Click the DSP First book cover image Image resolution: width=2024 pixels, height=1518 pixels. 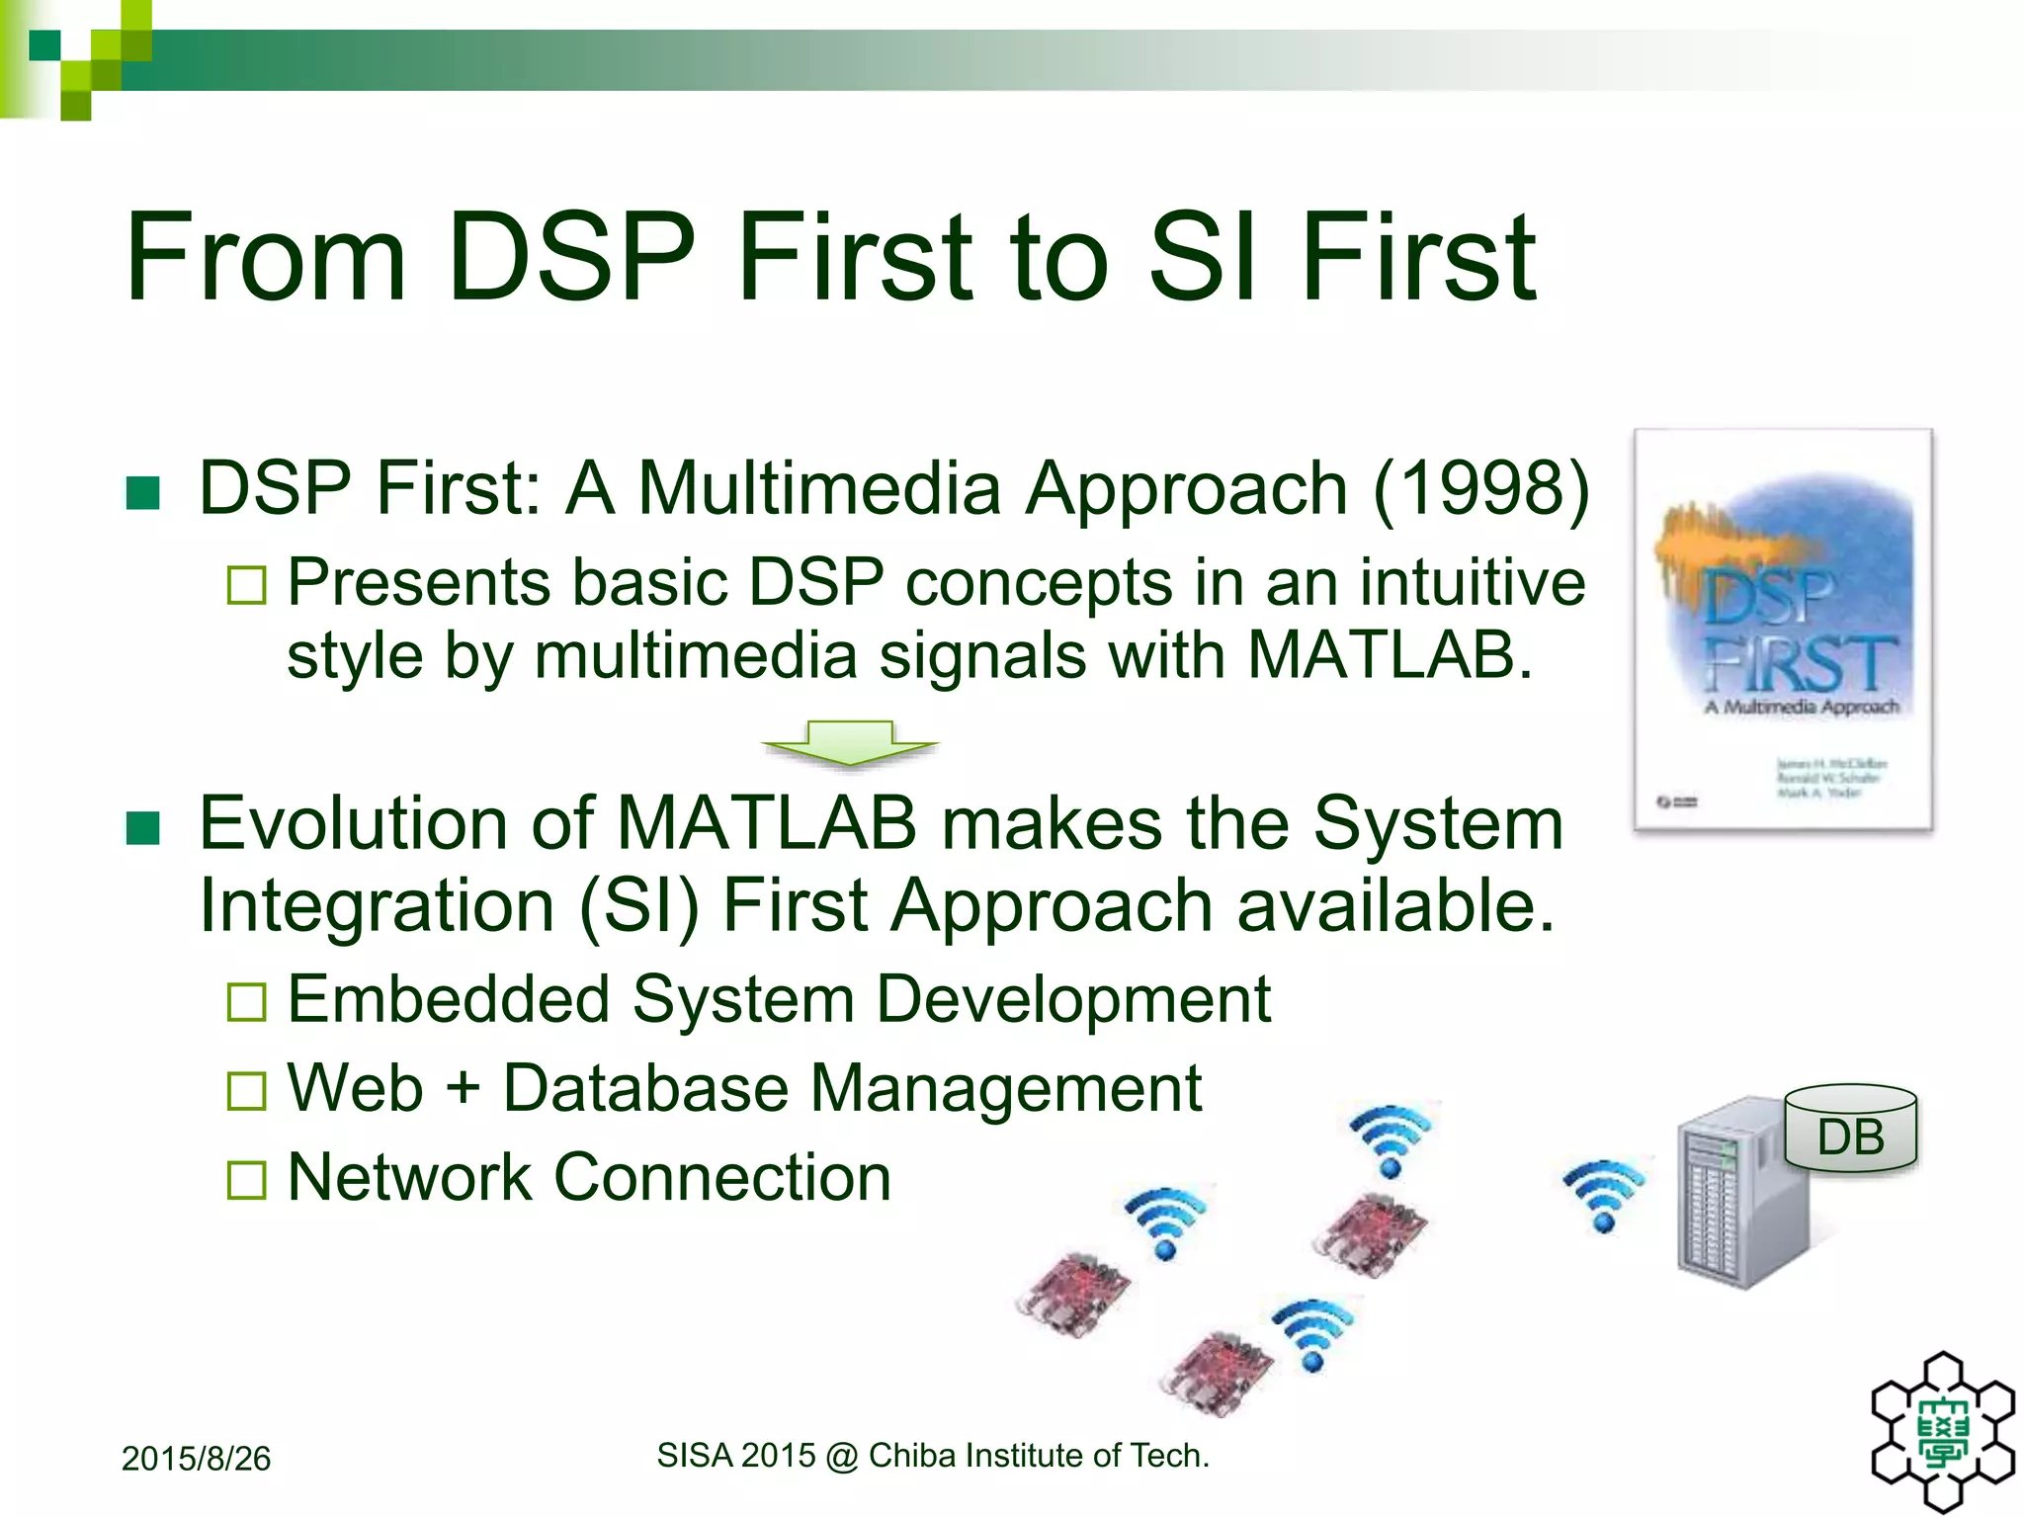tap(1783, 631)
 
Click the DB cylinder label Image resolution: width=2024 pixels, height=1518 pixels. tap(1851, 1137)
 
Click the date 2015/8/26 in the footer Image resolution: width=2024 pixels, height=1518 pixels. tap(196, 1459)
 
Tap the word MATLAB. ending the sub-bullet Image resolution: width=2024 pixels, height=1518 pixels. tap(1389, 655)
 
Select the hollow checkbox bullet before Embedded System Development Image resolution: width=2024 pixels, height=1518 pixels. tap(246, 1002)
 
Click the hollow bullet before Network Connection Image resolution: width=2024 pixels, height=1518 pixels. tap(246, 1180)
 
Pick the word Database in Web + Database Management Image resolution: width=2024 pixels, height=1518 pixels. tap(645, 1088)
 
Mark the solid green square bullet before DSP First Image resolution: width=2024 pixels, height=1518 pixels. tap(143, 492)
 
